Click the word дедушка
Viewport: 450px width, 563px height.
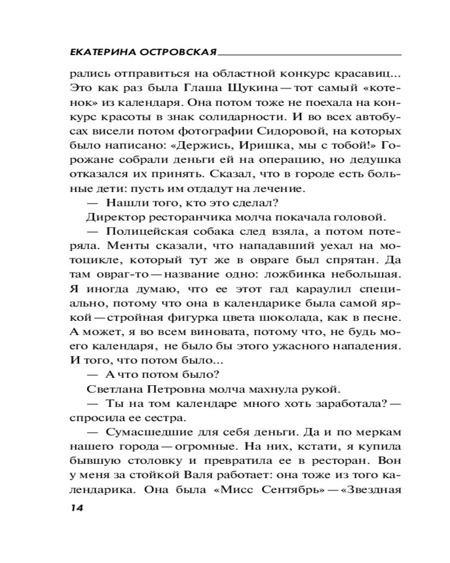(378, 161)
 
